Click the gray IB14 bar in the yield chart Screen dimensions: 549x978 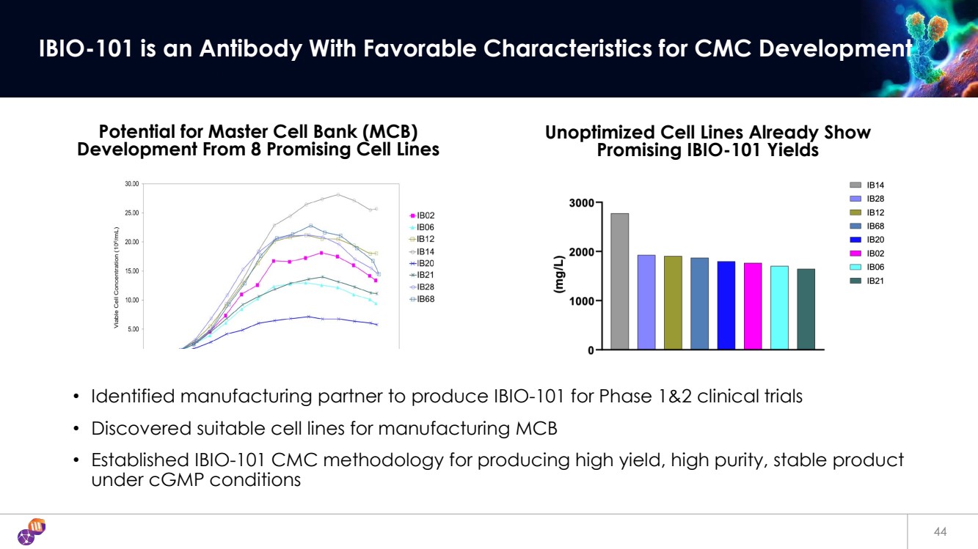(x=620, y=281)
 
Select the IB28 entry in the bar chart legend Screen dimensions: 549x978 (x=875, y=199)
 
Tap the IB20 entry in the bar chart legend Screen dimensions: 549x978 (x=875, y=240)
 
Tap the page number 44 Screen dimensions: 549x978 (x=940, y=531)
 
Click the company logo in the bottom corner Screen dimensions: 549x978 (x=32, y=531)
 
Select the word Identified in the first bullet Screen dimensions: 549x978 (x=134, y=397)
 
